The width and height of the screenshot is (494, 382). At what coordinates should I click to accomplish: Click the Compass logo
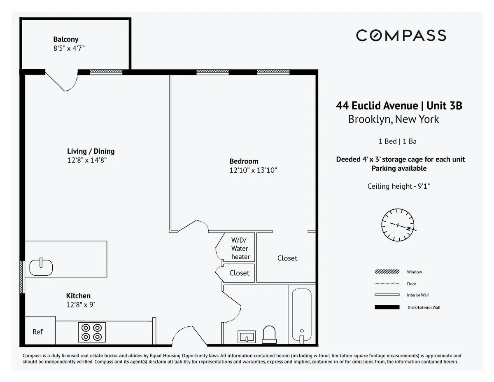point(401,35)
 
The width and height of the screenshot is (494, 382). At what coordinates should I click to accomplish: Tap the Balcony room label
point(65,40)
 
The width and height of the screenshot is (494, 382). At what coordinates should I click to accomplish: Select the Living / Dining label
point(91,151)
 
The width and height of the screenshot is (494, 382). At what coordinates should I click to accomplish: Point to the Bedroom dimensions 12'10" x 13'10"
point(250,170)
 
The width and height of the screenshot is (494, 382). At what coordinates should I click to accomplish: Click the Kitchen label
point(78,296)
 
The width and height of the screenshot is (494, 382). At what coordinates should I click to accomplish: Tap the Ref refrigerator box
point(38,331)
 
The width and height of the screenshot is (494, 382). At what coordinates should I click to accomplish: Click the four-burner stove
point(91,332)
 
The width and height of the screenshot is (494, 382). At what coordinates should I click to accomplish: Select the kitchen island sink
point(41,267)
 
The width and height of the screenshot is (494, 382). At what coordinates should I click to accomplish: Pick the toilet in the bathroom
point(269,334)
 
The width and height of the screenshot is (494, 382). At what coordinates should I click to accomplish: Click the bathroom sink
point(247,337)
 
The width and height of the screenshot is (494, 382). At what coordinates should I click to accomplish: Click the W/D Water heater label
point(240,248)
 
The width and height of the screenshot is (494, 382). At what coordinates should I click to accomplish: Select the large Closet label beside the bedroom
point(287,258)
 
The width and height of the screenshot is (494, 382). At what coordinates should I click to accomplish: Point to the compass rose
point(398,225)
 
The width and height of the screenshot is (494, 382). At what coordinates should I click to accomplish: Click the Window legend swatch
point(387,272)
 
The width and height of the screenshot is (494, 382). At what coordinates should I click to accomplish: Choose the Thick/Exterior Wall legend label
point(423,307)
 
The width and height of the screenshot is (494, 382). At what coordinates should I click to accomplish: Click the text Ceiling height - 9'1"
point(398,186)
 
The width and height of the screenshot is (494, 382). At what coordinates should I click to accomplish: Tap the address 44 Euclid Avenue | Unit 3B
point(399,106)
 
